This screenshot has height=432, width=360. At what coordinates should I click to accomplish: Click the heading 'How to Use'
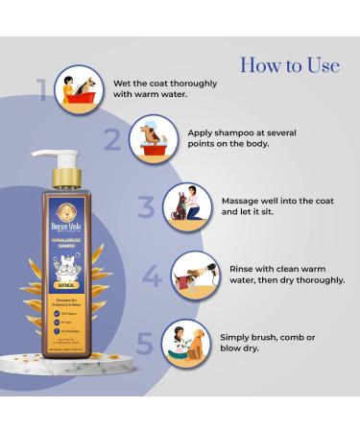click(x=289, y=65)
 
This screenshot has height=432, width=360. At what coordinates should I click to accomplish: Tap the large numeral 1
click(x=42, y=90)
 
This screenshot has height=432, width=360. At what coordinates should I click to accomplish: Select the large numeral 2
click(x=112, y=140)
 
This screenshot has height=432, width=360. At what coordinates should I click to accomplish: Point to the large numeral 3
click(x=145, y=207)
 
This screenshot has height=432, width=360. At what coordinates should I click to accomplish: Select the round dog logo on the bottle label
click(x=77, y=212)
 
